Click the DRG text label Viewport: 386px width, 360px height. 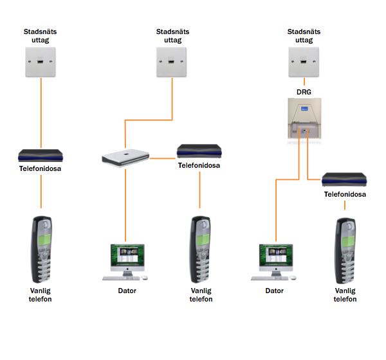[x=303, y=91]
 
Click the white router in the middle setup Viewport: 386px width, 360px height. [x=125, y=156]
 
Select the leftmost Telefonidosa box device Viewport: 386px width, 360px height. [x=41, y=156]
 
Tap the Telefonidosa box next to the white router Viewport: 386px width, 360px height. [x=199, y=152]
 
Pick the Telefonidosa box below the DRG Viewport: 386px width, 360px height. [x=345, y=179]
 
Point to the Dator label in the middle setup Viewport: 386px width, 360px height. [x=127, y=291]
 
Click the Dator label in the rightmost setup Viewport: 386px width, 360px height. [x=274, y=291]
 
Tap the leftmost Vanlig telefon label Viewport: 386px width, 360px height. [x=41, y=294]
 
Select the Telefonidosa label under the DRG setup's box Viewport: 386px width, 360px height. [x=345, y=194]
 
